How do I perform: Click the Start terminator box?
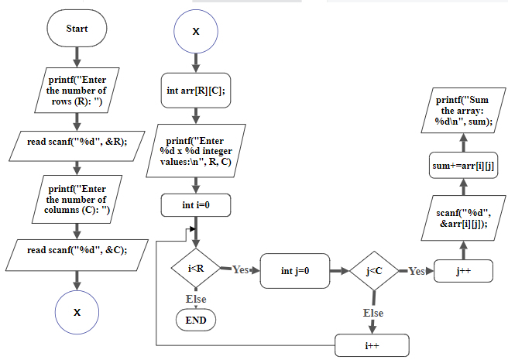(77, 29)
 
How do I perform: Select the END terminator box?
(196, 318)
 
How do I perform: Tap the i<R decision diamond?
(196, 269)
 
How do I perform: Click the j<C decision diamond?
(375, 271)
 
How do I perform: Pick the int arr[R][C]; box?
(196, 91)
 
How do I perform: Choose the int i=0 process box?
(196, 205)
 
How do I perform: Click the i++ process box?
(372, 345)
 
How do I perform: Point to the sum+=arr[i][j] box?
(463, 165)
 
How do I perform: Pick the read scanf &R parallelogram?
(77, 142)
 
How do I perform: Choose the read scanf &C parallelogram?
(77, 250)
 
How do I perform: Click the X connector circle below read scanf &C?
(77, 312)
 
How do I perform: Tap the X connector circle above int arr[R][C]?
(195, 32)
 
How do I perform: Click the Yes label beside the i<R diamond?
(241, 269)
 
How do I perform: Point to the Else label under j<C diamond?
(373, 313)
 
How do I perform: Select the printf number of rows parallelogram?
(77, 91)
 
